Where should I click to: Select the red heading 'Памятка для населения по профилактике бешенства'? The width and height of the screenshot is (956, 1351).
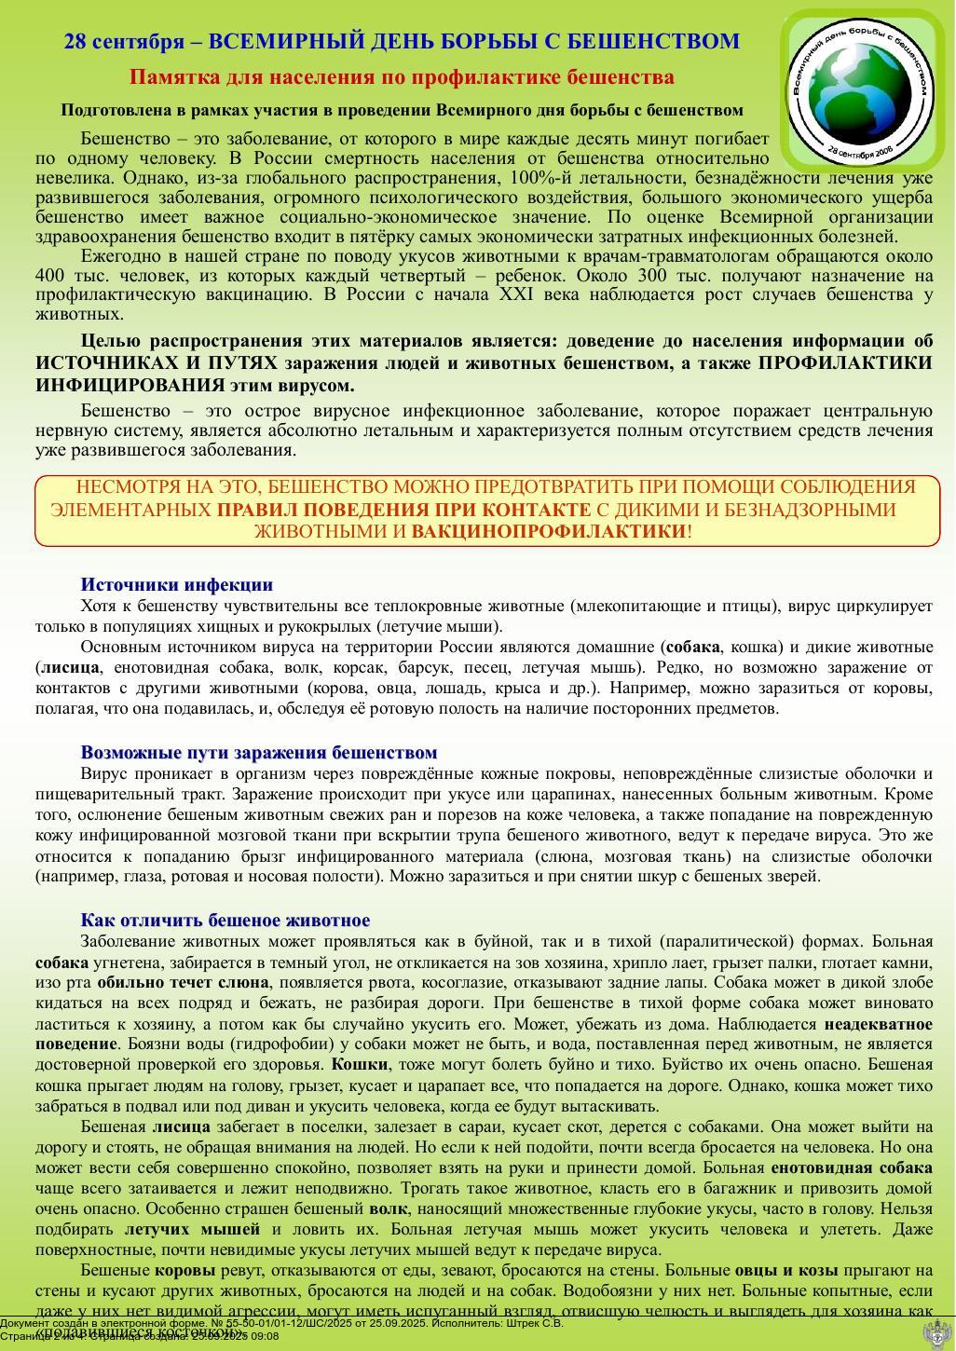click(x=402, y=76)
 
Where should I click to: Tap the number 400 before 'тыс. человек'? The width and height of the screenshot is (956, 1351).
click(x=51, y=276)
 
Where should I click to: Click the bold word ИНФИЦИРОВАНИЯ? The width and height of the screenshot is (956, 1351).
click(x=130, y=386)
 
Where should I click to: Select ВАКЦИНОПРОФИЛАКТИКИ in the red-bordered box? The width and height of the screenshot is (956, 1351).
click(x=548, y=532)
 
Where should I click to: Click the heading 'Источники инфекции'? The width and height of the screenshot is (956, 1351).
click(x=177, y=585)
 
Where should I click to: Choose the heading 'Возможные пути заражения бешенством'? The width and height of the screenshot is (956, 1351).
click(x=259, y=753)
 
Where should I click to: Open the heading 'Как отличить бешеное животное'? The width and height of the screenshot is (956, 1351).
click(x=225, y=921)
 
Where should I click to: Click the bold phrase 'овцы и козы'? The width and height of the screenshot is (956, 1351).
click(x=785, y=1271)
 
